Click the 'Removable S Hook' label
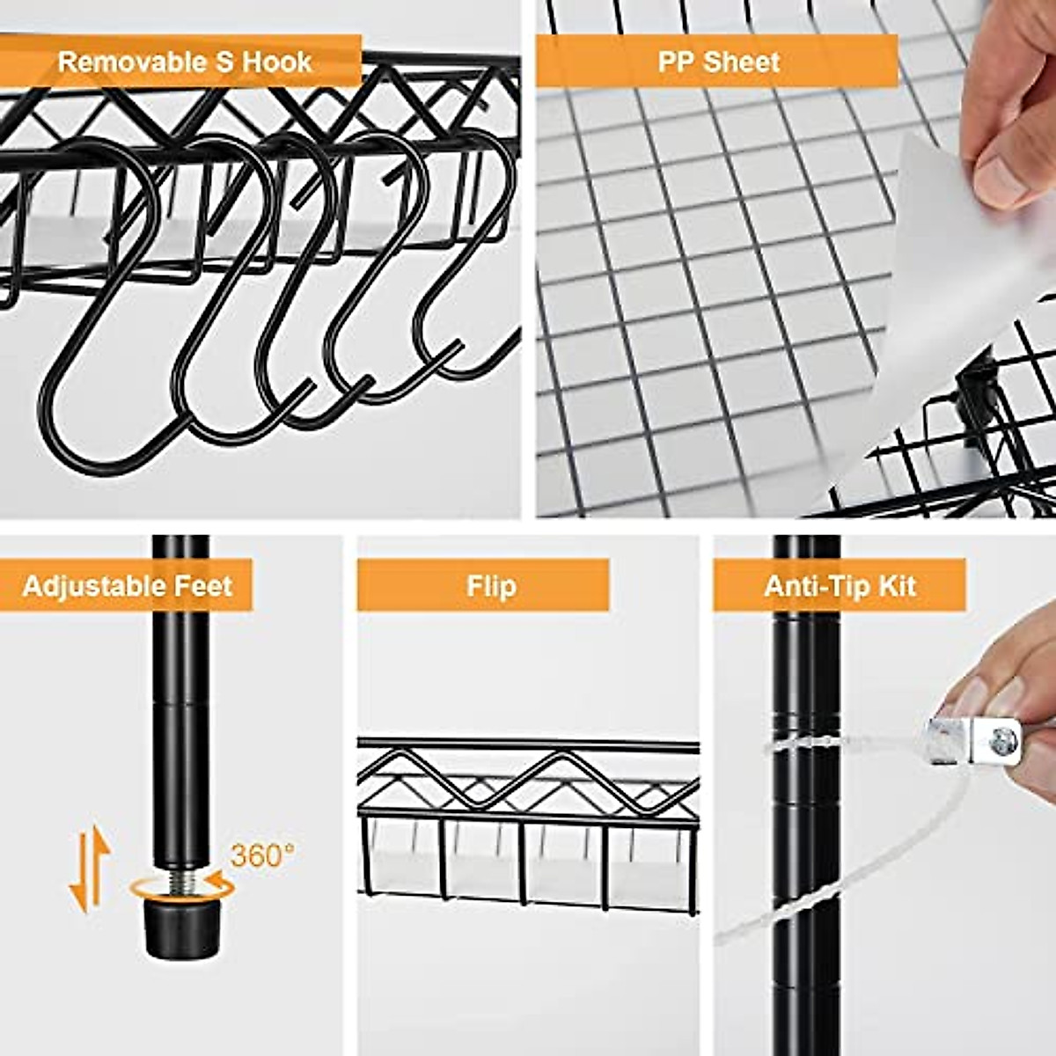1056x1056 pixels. [184, 62]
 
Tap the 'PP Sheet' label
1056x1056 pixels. [718, 62]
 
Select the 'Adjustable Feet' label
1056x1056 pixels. [127, 586]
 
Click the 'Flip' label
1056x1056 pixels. [490, 586]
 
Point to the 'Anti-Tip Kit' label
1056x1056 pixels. [840, 586]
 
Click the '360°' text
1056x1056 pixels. [262, 854]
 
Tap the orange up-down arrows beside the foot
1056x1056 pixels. [89, 870]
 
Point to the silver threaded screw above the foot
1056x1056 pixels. [180, 881]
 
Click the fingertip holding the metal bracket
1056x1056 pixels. [968, 695]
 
